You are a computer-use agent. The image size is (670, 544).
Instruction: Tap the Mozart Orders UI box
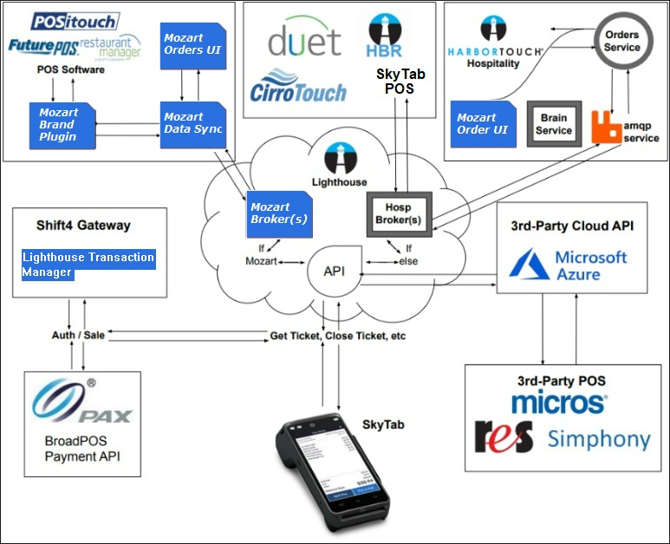click(192, 44)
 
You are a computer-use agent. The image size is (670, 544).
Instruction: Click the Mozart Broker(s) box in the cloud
click(278, 213)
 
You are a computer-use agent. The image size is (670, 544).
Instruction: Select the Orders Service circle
click(621, 42)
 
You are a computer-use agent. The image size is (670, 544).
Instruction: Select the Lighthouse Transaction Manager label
click(88, 264)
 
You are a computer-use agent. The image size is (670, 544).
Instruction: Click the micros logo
click(558, 402)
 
